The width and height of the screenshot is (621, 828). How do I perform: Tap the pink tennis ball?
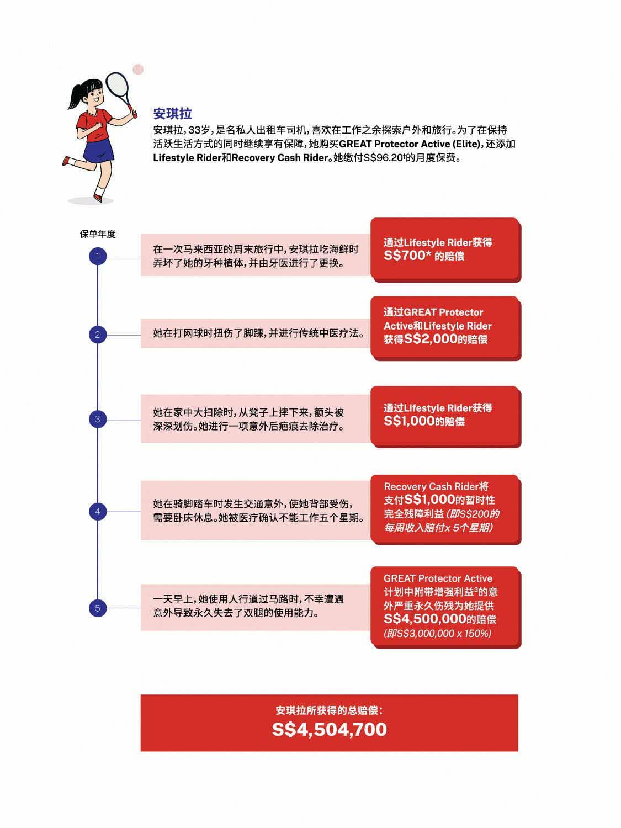pos(138,70)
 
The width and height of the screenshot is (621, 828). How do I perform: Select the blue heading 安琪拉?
pos(172,114)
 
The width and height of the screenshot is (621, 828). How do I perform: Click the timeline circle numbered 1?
pos(98,256)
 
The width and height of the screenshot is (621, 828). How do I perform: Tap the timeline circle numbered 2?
pos(98,335)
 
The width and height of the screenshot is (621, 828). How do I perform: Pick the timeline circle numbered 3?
pos(98,419)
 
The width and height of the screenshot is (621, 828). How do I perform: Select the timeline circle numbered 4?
pos(98,512)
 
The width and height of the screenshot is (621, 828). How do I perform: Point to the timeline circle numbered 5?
pos(98,608)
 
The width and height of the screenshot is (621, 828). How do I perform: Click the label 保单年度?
pos(98,234)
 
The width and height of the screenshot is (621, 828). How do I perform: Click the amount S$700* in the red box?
pos(407,256)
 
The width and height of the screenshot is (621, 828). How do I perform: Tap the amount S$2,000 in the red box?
pos(431,339)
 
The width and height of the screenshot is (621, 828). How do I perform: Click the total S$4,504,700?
pos(330,729)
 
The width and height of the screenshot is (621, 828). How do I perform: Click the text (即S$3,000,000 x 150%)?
pos(437,634)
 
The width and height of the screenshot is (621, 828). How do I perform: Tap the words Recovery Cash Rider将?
pos(436,486)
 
